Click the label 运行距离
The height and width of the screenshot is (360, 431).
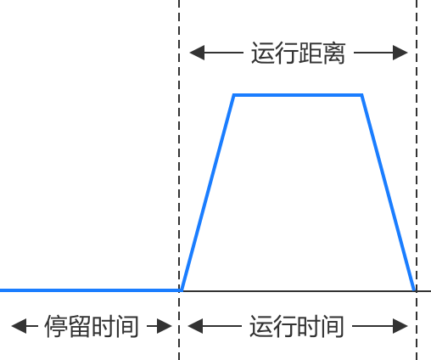(x=299, y=53)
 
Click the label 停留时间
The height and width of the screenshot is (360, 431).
(x=92, y=326)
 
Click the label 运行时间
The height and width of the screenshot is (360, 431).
(x=297, y=326)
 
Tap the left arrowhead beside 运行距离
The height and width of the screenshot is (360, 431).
(x=197, y=53)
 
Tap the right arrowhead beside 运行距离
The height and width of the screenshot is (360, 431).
(x=400, y=53)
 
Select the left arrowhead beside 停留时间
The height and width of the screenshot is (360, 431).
(x=19, y=326)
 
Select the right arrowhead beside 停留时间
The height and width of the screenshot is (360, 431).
(x=165, y=326)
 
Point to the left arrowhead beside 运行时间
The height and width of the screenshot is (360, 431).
(x=195, y=326)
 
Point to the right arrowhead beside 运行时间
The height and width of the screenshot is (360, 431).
(x=400, y=326)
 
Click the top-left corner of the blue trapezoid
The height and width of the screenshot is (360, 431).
(x=234, y=95)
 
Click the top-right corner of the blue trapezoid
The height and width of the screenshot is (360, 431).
(x=361, y=95)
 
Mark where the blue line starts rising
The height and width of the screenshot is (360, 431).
(x=182, y=290)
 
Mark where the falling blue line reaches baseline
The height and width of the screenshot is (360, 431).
(x=415, y=290)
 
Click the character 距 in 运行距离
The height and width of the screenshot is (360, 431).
(x=311, y=53)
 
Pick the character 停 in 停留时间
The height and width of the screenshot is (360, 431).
(x=56, y=326)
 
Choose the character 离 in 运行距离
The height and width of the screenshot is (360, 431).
(x=334, y=53)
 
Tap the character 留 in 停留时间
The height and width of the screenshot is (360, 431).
(x=80, y=326)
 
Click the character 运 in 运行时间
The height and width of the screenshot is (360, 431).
(x=261, y=326)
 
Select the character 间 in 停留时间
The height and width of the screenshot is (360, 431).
(x=127, y=326)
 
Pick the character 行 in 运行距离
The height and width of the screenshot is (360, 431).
(x=287, y=53)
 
